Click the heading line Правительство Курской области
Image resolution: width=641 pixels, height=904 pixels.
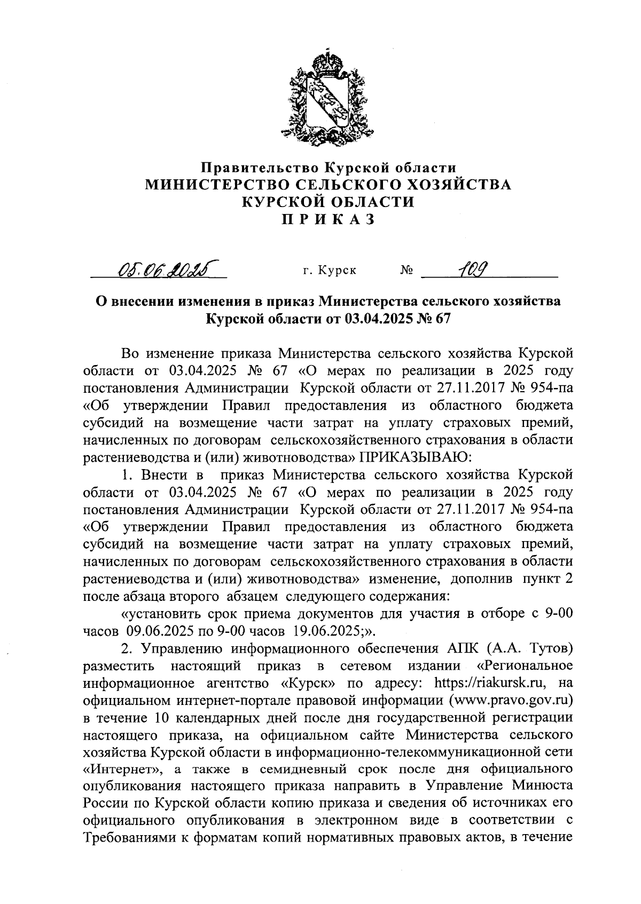(x=328, y=168)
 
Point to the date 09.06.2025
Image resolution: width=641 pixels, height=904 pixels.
(x=160, y=631)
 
